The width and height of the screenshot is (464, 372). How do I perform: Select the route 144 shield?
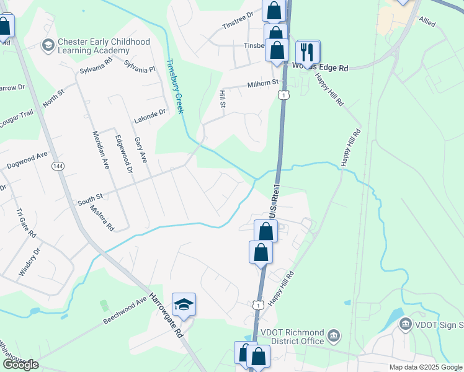click(x=58, y=166)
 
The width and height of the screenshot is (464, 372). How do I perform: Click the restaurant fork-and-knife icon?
click(x=308, y=51)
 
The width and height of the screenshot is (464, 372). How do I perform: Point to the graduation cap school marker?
click(x=184, y=304)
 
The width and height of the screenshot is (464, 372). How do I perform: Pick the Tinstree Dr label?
click(x=238, y=20)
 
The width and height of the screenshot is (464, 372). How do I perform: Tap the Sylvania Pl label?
click(x=139, y=66)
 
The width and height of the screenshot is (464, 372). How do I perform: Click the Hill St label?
click(x=221, y=98)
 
